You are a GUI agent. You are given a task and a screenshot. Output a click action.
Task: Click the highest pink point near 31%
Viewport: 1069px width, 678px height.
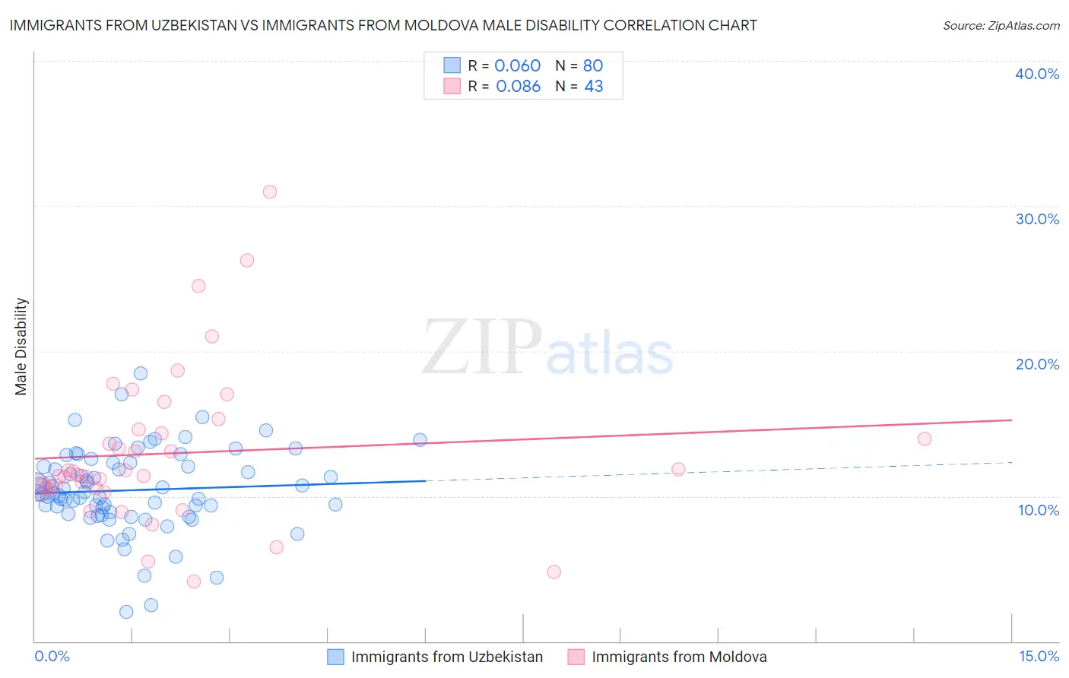[x=270, y=192]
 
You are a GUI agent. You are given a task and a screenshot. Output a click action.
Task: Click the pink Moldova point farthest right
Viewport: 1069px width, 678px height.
[x=925, y=439]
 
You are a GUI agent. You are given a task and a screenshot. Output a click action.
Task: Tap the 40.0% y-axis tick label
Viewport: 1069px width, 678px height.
[x=1037, y=74]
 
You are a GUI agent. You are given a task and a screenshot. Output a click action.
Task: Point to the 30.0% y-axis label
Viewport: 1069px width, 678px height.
[x=1037, y=219]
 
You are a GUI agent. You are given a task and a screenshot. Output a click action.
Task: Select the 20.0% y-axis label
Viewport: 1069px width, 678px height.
[x=1037, y=364]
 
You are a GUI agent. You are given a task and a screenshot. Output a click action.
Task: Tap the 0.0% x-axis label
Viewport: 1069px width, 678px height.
[x=52, y=656]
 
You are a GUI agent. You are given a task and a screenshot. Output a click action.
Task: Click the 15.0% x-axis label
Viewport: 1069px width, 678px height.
[x=1039, y=656]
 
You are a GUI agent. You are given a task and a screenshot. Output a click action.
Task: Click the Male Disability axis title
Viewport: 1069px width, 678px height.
[x=21, y=346]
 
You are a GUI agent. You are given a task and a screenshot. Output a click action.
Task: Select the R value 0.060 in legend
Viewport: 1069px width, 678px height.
[x=517, y=65]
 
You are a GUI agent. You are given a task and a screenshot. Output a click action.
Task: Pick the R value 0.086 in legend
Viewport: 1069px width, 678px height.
[x=518, y=87]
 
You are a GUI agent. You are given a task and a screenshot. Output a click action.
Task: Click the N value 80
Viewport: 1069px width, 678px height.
[x=593, y=65]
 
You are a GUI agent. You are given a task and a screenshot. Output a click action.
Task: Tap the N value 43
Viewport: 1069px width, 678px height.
[x=593, y=87]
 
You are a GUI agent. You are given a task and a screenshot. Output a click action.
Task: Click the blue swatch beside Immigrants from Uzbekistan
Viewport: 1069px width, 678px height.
[x=336, y=657]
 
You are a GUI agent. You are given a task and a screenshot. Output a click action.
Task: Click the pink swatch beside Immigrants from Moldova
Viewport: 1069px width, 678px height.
[x=576, y=657]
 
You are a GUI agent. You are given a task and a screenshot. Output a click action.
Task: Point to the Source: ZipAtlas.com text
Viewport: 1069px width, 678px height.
[x=1001, y=26]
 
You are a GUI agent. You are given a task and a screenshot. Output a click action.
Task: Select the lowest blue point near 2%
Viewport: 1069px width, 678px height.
[x=126, y=612]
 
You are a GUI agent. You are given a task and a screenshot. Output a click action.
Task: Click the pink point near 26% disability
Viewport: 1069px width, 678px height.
[x=247, y=260]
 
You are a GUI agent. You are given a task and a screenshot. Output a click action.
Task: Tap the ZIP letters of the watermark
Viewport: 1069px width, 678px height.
[x=482, y=347]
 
